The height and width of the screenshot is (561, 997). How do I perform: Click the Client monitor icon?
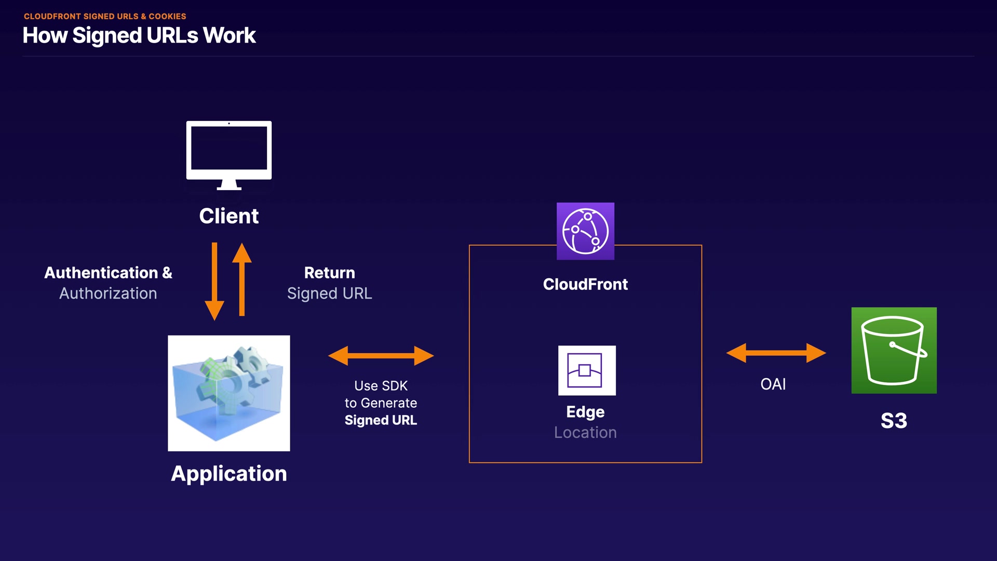point(228,155)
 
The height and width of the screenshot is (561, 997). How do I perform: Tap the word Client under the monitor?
point(228,216)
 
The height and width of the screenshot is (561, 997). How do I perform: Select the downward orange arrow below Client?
point(214,281)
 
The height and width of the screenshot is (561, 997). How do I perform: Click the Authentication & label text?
point(108,273)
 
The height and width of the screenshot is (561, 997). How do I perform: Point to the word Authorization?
point(108,293)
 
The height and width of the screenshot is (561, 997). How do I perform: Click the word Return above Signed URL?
point(329,273)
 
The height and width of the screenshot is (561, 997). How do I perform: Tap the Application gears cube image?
point(228,393)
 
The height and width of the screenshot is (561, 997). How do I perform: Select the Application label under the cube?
point(228,473)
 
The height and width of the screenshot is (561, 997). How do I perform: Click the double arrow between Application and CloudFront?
point(381,356)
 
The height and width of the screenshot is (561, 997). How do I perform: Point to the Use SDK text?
point(381,386)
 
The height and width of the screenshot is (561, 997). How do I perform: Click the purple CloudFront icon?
point(585,231)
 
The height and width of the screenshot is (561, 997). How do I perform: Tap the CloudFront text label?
point(585,284)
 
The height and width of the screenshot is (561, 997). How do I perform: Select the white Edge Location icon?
point(587,370)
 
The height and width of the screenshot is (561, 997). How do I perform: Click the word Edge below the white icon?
point(585,412)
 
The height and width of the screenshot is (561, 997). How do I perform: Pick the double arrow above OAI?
point(776,353)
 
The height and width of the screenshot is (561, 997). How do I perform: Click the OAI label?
point(773,384)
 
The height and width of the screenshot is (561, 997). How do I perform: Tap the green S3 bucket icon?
point(894,350)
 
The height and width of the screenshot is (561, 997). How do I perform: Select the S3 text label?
point(894,421)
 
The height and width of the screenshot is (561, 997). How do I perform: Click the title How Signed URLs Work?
point(139,36)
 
